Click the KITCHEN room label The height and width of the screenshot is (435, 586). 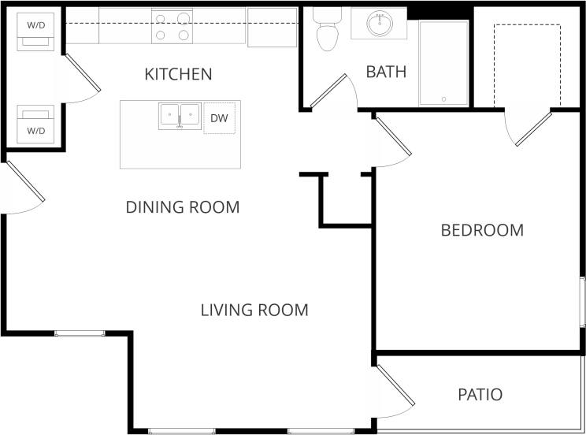(x=178, y=74)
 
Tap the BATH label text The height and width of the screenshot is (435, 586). (x=386, y=72)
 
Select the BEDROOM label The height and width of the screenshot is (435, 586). (x=482, y=230)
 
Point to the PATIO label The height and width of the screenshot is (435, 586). (x=480, y=394)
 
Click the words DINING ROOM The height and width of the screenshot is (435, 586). (x=182, y=207)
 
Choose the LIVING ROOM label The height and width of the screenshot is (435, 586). (x=254, y=310)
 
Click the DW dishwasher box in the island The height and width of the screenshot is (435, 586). (x=219, y=118)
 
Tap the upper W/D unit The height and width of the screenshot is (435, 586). (x=35, y=30)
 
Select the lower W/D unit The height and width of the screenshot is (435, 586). (x=35, y=124)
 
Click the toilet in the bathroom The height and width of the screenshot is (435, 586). (x=325, y=30)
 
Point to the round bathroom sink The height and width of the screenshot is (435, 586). (x=379, y=23)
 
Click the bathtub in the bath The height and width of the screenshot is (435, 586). (x=443, y=63)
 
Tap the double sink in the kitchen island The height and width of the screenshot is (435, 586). (x=180, y=117)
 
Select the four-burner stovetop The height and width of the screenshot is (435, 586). (x=172, y=25)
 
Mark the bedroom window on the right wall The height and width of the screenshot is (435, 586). (x=582, y=302)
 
